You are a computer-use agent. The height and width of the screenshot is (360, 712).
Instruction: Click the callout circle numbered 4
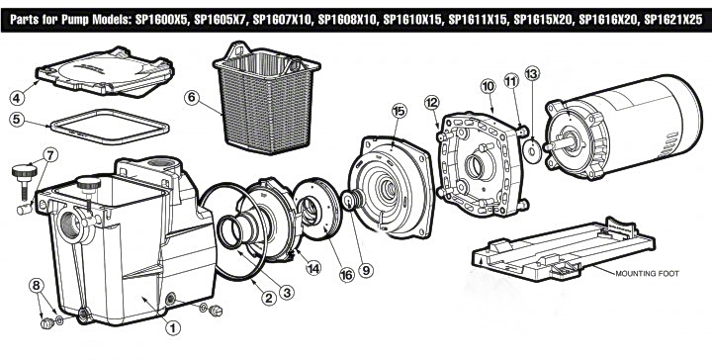(17, 98)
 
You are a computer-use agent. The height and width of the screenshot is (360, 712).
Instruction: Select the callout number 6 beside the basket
(192, 98)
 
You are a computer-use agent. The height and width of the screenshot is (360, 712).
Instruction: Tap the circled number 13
(532, 73)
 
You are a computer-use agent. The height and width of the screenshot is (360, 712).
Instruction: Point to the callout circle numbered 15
(400, 111)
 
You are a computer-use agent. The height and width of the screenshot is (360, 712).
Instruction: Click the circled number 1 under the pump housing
(173, 327)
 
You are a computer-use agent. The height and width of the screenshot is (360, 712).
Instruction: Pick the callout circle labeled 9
(366, 271)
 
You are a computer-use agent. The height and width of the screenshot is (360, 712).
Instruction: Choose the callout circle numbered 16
(346, 274)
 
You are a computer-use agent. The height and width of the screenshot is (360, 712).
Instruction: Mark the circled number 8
(37, 286)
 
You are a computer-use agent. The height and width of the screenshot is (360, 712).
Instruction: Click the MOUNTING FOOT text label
(647, 274)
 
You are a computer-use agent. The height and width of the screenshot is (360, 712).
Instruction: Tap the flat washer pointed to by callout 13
(532, 150)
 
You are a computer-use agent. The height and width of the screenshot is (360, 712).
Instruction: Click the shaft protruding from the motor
(557, 144)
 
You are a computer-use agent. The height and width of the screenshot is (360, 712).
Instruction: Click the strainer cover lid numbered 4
(106, 72)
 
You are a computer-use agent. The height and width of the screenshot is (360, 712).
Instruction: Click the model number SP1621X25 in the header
(673, 20)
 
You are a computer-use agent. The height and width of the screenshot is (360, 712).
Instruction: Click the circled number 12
(432, 103)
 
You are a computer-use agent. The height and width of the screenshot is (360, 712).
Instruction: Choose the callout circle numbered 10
(488, 87)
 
